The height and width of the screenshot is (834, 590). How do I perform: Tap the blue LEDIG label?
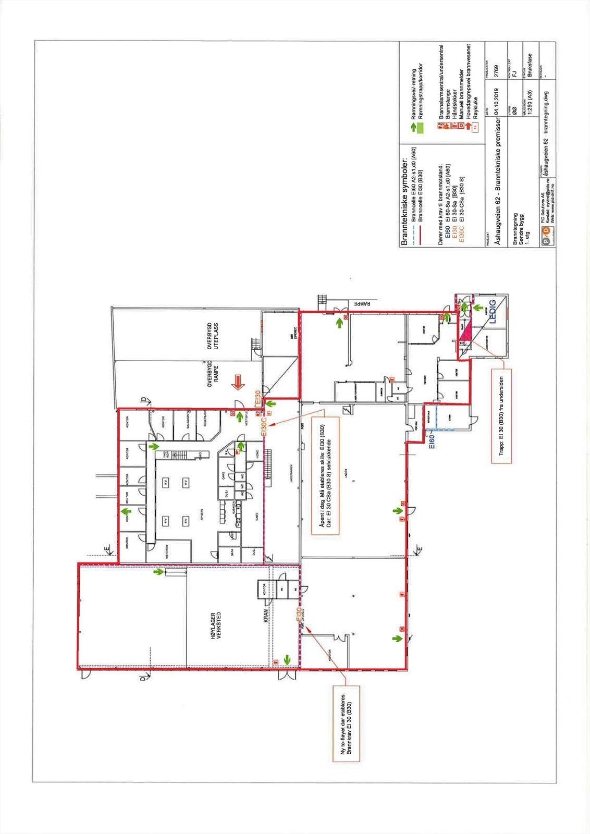coord(494,314)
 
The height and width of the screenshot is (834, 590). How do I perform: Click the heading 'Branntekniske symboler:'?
coord(404,201)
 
